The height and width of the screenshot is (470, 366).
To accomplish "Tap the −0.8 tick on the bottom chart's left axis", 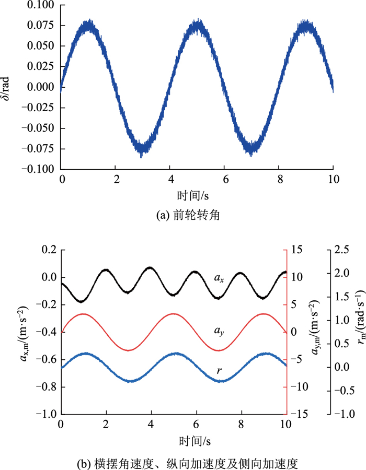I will (47, 387).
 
